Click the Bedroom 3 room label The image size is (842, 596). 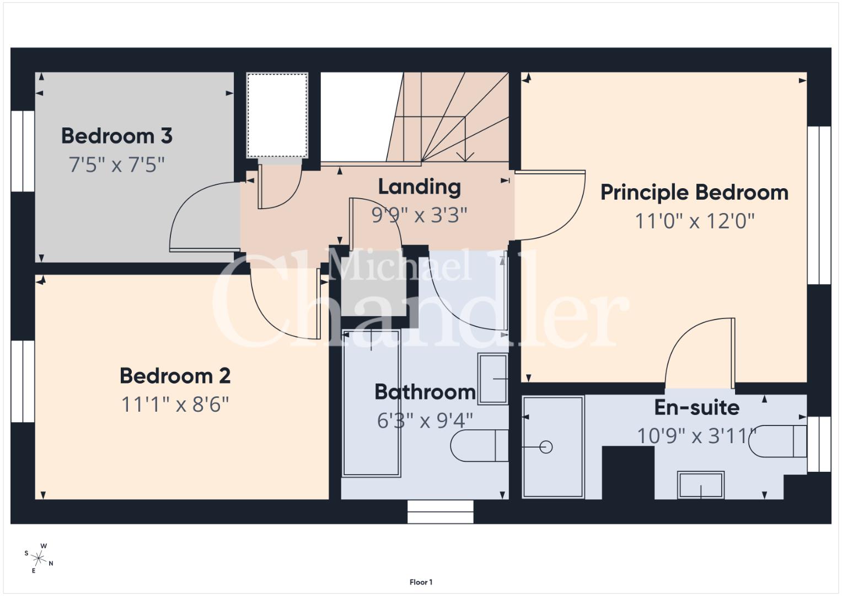coord(117,136)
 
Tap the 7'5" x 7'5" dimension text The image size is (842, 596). coord(117,164)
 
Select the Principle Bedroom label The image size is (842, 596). coord(694,193)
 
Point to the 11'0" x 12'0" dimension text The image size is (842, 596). coord(695,221)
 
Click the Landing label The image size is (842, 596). coord(420,187)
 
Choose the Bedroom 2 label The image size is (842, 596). coord(175,376)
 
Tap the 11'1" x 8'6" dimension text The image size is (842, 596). coord(175,405)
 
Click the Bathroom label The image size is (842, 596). coord(425,392)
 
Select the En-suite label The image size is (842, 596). coord(697,407)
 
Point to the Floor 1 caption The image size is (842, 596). coord(421,582)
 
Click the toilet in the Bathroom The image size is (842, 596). coord(479,446)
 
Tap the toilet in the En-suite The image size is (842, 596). coord(777,441)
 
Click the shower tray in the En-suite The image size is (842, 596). coord(553,448)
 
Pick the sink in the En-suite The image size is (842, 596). coord(701,486)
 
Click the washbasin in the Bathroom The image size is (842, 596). coord(493,379)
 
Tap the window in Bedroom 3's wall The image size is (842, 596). coord(23,151)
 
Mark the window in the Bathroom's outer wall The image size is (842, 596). coord(440,512)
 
